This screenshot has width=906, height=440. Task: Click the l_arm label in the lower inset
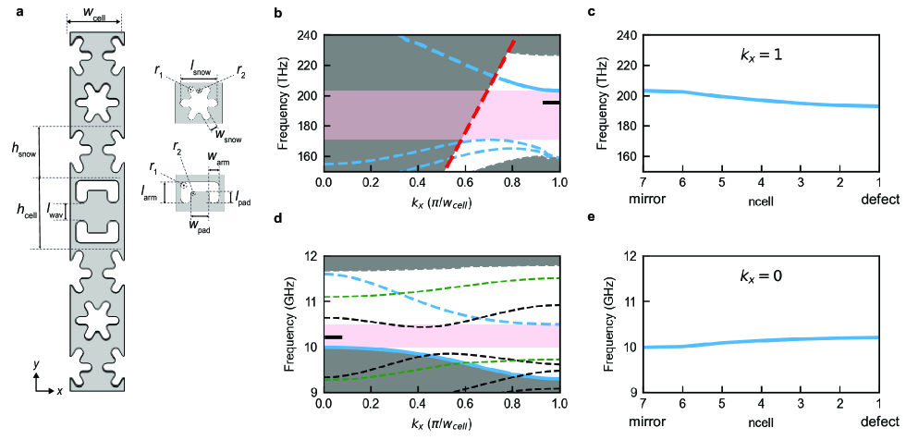[148, 192]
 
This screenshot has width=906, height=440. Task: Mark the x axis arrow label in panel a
[59, 391]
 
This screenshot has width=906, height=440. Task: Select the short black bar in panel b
[551, 103]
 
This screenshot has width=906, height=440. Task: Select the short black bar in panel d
[333, 337]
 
